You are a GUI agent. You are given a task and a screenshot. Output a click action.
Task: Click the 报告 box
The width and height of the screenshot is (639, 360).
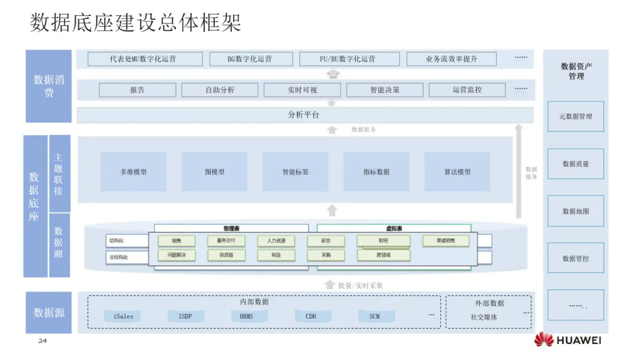pyautogui.click(x=137, y=90)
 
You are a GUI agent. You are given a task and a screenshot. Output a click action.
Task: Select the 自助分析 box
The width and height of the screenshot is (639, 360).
pyautogui.click(x=220, y=90)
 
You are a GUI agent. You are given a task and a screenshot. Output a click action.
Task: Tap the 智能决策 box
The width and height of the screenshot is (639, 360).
pyautogui.click(x=385, y=90)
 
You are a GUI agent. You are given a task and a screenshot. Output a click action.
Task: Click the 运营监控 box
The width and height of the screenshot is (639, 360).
pyautogui.click(x=467, y=90)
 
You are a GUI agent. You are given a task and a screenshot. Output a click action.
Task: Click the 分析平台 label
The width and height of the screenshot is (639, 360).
pyautogui.click(x=304, y=115)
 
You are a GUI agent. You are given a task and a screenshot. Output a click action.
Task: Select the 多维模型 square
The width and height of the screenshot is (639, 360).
pyautogui.click(x=133, y=172)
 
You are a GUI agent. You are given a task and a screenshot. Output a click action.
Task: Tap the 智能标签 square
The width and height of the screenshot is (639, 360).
pyautogui.click(x=295, y=172)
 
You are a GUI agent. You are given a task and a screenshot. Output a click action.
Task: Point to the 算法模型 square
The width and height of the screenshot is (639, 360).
pyautogui.click(x=457, y=172)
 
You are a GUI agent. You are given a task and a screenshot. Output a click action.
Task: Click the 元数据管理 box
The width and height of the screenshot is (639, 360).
pyautogui.click(x=576, y=117)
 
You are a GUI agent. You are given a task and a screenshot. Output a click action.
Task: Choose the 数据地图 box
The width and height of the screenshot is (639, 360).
pyautogui.click(x=576, y=211)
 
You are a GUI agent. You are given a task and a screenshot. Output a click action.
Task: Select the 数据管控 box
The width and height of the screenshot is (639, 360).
pyautogui.click(x=576, y=258)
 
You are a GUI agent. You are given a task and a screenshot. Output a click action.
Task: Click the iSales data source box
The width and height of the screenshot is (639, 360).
pyautogui.click(x=124, y=316)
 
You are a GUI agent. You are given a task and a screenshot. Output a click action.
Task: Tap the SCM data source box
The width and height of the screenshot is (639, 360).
pyautogui.click(x=375, y=316)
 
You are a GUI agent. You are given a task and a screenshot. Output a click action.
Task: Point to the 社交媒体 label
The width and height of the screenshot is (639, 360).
pyautogui.click(x=484, y=317)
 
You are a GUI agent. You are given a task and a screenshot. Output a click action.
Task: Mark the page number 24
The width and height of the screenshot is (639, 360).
pyautogui.click(x=42, y=341)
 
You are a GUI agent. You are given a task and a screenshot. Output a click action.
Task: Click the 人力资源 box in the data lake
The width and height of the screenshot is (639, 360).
pyautogui.click(x=276, y=241)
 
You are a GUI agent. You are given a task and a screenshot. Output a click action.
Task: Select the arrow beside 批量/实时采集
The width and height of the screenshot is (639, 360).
pyautogui.click(x=330, y=285)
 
